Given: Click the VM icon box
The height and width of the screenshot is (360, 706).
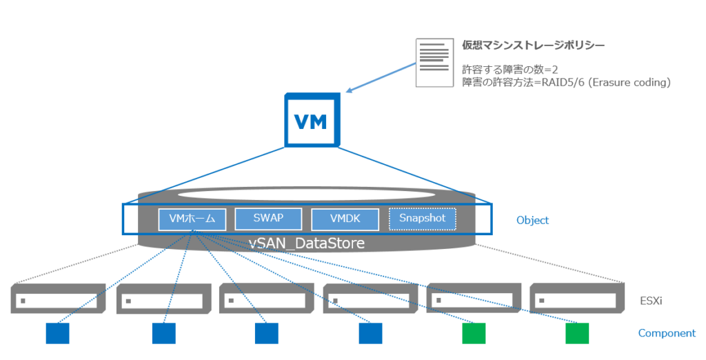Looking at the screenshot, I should click(x=312, y=121).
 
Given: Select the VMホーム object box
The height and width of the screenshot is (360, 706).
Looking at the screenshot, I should click(x=192, y=219).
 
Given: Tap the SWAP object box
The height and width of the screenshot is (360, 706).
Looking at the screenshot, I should click(x=268, y=219).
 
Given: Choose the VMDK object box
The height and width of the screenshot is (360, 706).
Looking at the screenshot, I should click(x=345, y=219).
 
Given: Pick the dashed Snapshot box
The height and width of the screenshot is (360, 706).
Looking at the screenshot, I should click(x=422, y=219).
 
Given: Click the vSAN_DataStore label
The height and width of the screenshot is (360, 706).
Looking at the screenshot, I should click(x=307, y=243).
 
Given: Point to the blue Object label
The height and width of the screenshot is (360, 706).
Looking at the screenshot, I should click(x=532, y=221).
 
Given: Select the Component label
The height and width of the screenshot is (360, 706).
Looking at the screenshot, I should click(x=666, y=333).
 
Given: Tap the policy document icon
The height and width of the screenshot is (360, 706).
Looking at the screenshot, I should click(x=432, y=62).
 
